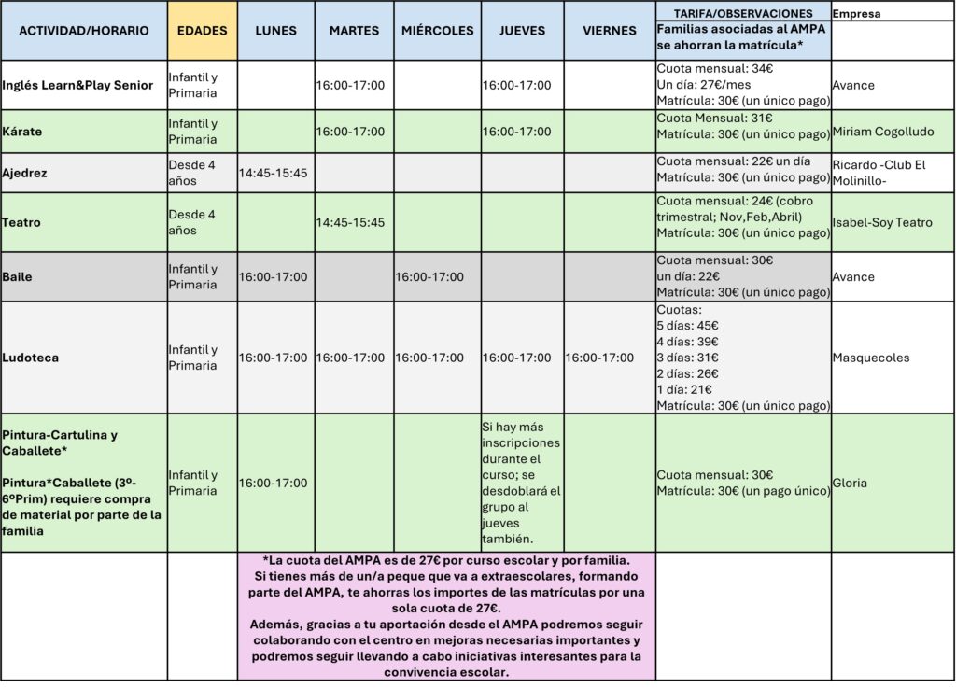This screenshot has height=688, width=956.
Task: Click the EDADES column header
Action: coord(203,31)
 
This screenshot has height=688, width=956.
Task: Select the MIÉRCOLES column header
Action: coord(437,31)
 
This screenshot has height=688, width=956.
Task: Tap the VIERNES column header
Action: coord(609,31)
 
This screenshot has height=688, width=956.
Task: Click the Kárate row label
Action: coord(22,132)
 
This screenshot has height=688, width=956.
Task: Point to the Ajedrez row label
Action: coord(25,173)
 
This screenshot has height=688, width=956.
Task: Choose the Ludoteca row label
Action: coord(29,358)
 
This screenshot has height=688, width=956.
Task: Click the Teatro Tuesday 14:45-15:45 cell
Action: coord(350,222)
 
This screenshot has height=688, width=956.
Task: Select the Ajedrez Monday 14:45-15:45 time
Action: coord(274,173)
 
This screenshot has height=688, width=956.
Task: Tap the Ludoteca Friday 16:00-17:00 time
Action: coord(600,358)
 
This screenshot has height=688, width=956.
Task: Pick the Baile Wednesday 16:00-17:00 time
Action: coord(429,276)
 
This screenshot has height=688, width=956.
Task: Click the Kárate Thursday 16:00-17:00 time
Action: coord(516,132)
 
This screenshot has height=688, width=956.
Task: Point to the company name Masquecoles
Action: coord(872,358)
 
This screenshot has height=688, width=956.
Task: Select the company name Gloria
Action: coord(850,483)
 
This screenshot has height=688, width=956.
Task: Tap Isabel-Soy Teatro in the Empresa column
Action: coord(881,222)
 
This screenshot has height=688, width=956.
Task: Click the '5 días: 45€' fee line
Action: coord(688,326)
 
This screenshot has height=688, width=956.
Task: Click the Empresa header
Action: coord(856,14)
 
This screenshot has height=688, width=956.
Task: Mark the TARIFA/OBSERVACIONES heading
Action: coord(743,13)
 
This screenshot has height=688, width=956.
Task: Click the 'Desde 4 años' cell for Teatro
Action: coord(191,222)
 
